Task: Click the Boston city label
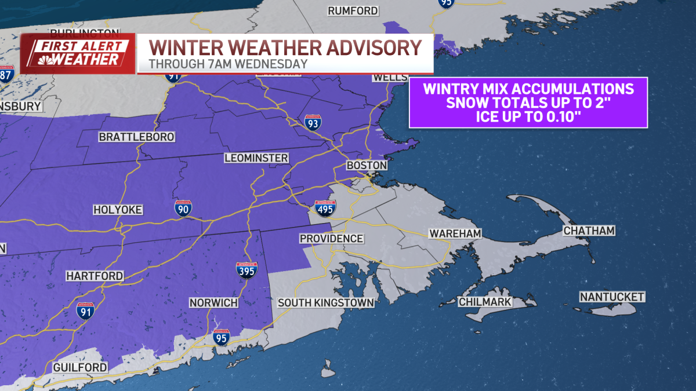click(366, 166)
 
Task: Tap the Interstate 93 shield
click(313, 122)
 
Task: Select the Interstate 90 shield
click(183, 209)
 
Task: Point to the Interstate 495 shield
click(325, 209)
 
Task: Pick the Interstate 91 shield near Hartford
click(85, 310)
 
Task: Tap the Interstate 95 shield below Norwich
click(220, 337)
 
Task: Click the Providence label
click(331, 239)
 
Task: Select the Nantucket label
click(612, 297)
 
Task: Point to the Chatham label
click(589, 231)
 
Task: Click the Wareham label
click(456, 233)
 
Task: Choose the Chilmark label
click(485, 302)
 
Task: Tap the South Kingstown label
click(325, 303)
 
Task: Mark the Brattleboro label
click(128, 137)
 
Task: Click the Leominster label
click(256, 158)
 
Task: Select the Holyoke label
click(118, 210)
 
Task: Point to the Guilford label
click(79, 368)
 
